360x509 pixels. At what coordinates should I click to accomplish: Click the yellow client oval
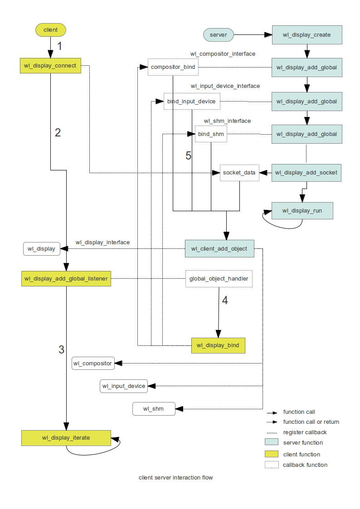tap(51, 30)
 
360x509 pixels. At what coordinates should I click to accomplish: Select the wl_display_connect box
tap(50, 66)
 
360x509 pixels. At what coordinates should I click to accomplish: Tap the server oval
tap(218, 34)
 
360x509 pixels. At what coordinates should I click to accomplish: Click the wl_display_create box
tap(306, 35)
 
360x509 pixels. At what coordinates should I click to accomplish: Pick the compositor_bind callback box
tap(173, 68)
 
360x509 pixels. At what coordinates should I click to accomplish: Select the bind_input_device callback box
tap(192, 101)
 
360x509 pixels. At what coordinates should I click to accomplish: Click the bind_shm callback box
tap(211, 134)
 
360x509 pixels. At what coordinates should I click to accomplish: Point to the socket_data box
tap(239, 173)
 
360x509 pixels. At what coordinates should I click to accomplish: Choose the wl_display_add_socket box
tap(306, 173)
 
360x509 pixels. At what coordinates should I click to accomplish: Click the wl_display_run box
tap(302, 211)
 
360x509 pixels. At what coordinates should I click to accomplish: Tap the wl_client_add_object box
tap(219, 248)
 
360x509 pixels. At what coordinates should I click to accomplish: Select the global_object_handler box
tap(219, 279)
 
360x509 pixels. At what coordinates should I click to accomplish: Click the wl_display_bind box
tap(218, 346)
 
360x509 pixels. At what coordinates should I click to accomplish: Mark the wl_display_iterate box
tap(66, 438)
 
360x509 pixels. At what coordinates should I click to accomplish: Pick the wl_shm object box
tap(154, 409)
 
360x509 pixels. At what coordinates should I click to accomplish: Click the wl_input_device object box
tap(124, 386)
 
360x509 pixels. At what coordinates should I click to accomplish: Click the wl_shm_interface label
tap(227, 121)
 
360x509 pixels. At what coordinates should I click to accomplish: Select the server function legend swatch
tap(271, 442)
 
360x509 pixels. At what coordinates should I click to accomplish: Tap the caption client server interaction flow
tap(175, 478)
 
